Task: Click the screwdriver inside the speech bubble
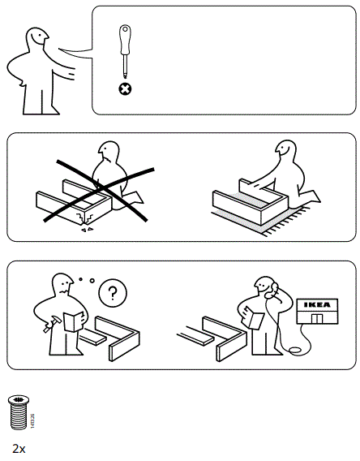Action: click(124, 53)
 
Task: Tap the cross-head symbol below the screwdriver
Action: click(125, 88)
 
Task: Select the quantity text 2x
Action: click(19, 447)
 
